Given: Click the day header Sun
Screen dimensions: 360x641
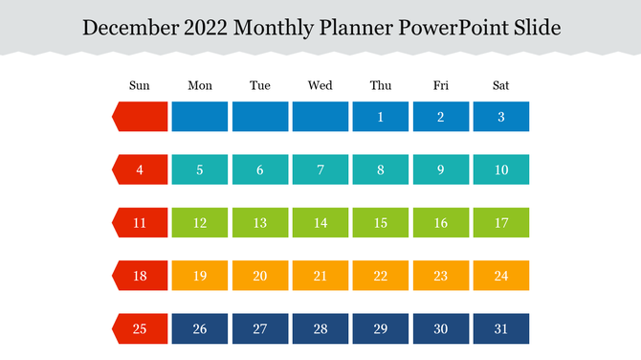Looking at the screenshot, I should pyautogui.click(x=140, y=86).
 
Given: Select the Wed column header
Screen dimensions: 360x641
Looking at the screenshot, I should pyautogui.click(x=320, y=86).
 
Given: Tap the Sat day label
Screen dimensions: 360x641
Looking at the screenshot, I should pyautogui.click(x=500, y=86).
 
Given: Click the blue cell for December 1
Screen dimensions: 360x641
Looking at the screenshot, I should pyautogui.click(x=380, y=117).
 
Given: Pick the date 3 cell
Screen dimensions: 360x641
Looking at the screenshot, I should pyautogui.click(x=500, y=117).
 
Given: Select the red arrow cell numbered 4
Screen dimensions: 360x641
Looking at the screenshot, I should pyautogui.click(x=141, y=170).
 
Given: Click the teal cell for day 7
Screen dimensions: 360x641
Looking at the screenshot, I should pyautogui.click(x=320, y=170).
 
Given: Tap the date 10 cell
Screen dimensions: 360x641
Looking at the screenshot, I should pyautogui.click(x=500, y=170).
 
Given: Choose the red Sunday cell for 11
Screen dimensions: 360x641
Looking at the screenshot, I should pyautogui.click(x=141, y=223).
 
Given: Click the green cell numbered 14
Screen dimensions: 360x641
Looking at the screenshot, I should pyautogui.click(x=320, y=223).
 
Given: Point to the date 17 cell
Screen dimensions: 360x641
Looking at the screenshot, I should pyautogui.click(x=500, y=223).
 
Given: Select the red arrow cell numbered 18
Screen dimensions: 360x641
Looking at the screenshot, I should pyautogui.click(x=141, y=276).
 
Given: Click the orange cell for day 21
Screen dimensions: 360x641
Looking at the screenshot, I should pyautogui.click(x=320, y=276).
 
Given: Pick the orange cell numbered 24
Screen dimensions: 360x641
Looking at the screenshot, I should pyautogui.click(x=500, y=276).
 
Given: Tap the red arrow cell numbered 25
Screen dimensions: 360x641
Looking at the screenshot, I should pyautogui.click(x=141, y=328).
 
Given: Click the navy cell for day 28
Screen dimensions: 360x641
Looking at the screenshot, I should pyautogui.click(x=320, y=328).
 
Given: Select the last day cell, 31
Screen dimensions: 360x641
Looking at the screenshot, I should pyautogui.click(x=500, y=328).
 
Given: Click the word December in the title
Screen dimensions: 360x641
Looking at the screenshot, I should pyautogui.click(x=127, y=27).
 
